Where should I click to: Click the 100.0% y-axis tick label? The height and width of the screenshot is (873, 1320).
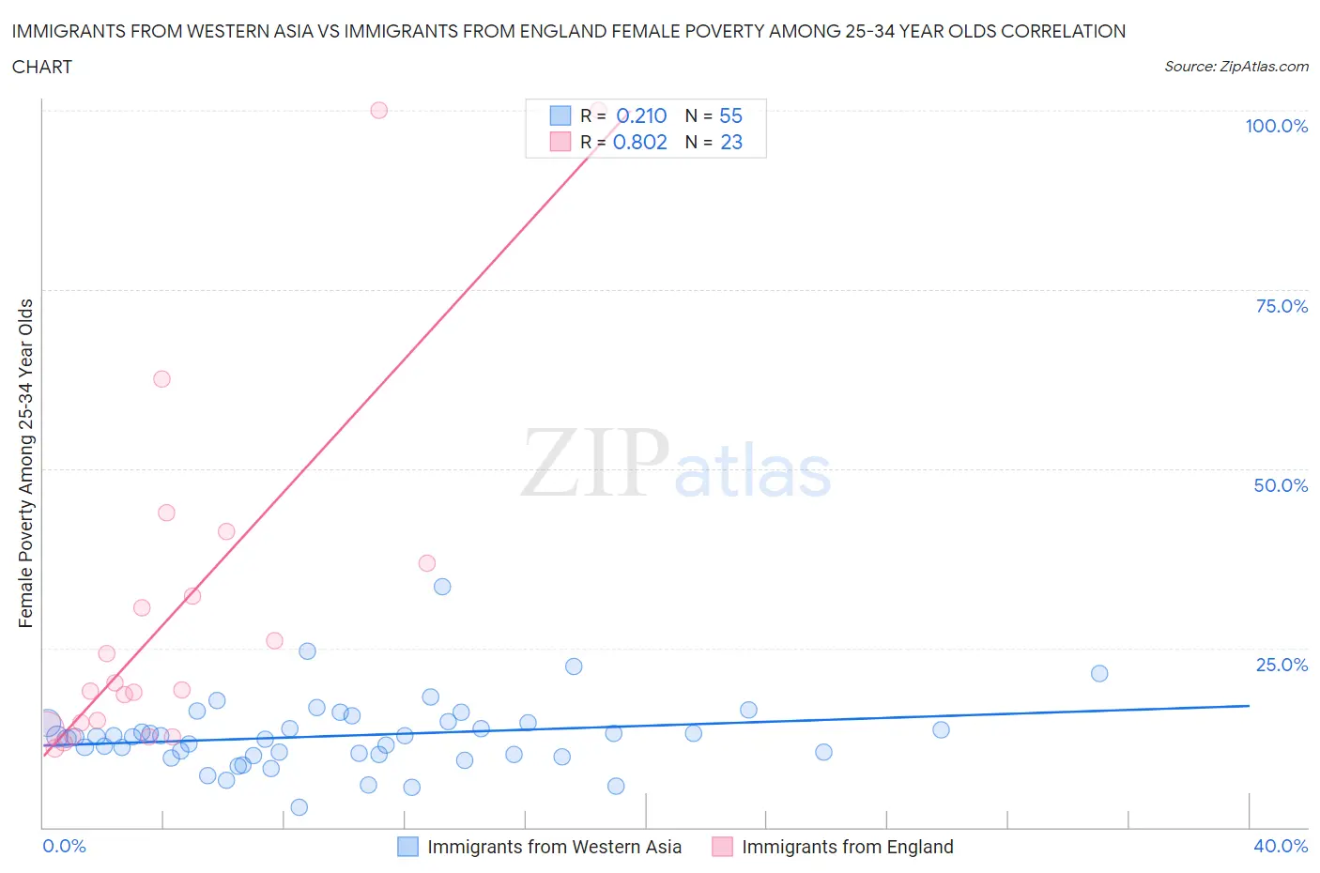[1276, 126]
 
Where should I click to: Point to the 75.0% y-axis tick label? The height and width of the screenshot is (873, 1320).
[1281, 306]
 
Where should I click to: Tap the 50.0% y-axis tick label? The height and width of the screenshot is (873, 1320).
[1281, 485]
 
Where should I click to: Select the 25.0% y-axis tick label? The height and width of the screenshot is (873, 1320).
[1281, 665]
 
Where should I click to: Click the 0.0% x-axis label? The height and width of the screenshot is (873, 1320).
[64, 846]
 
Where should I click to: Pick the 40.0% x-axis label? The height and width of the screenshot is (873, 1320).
[1281, 846]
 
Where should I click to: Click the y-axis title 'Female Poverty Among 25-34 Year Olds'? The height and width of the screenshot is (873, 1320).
[25, 463]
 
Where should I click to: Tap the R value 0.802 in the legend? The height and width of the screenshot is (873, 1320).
[639, 142]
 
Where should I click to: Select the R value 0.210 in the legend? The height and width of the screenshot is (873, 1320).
[641, 115]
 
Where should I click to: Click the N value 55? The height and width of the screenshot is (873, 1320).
[730, 115]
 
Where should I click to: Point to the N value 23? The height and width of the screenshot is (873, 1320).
[731, 142]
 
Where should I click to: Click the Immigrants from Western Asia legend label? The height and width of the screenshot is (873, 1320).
[554, 847]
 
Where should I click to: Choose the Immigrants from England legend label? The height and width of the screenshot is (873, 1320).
[847, 847]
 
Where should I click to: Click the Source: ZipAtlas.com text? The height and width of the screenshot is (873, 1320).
[1236, 66]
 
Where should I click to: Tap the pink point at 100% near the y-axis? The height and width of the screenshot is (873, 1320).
[378, 110]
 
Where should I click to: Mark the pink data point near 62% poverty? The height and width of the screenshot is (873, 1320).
[161, 379]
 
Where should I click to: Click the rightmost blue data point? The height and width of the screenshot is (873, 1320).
[1099, 673]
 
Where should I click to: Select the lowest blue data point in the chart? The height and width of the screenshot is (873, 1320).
[299, 807]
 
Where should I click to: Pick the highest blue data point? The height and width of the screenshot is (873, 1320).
[442, 587]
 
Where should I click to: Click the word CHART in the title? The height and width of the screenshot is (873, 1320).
[42, 67]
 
